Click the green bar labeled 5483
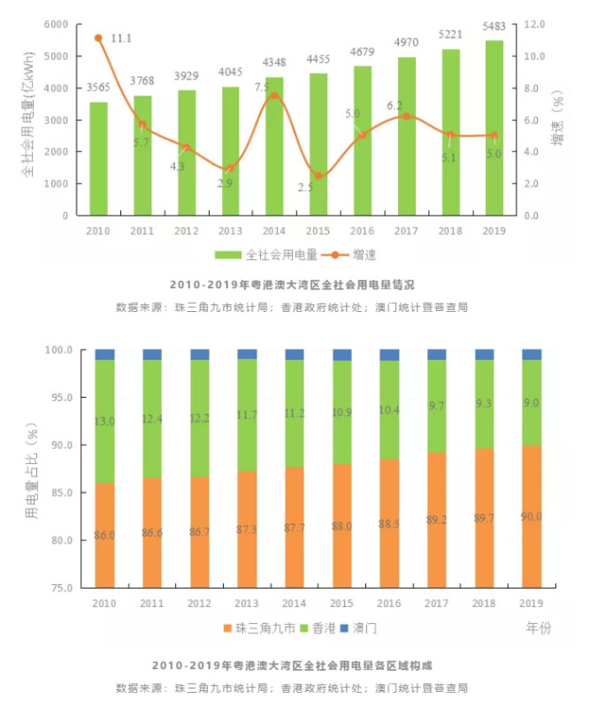coord(494,128)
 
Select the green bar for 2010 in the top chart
coord(98,159)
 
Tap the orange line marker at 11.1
coord(98,39)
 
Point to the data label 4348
coord(274,65)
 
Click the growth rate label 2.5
coord(306,188)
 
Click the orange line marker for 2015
coord(318,176)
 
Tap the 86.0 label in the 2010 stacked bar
coord(105,536)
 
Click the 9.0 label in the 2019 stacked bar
coord(531,403)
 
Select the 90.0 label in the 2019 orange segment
coord(531,516)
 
